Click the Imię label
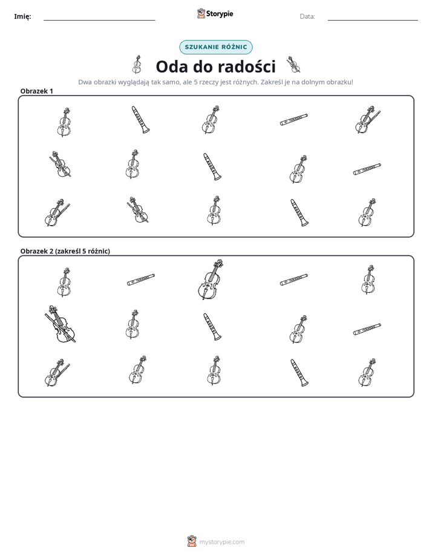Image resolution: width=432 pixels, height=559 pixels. tap(22, 16)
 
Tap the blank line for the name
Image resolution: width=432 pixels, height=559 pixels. tap(99, 21)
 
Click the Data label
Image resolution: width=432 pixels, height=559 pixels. tap(307, 16)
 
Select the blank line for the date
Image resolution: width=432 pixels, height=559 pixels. tap(373, 21)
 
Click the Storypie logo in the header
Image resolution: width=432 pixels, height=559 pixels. tap(215, 13)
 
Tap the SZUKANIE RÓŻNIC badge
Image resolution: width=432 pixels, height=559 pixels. tap(215, 47)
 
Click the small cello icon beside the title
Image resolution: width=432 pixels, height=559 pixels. tap(137, 65)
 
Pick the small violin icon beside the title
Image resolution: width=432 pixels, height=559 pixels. tap(293, 64)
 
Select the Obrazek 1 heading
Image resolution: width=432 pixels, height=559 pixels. tap(37, 91)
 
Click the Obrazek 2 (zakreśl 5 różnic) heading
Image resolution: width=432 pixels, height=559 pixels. tap(65, 251)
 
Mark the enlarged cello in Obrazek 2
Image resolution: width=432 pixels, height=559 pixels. tap(211, 279)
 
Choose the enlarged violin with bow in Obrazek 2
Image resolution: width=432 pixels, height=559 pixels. tap(61, 324)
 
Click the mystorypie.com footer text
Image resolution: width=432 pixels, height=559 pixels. tap(221, 542)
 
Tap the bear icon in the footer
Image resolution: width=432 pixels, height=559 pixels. tap(192, 541)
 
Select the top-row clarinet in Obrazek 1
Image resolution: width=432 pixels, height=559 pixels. tap(140, 120)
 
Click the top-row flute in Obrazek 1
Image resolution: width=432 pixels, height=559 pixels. tap(293, 120)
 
